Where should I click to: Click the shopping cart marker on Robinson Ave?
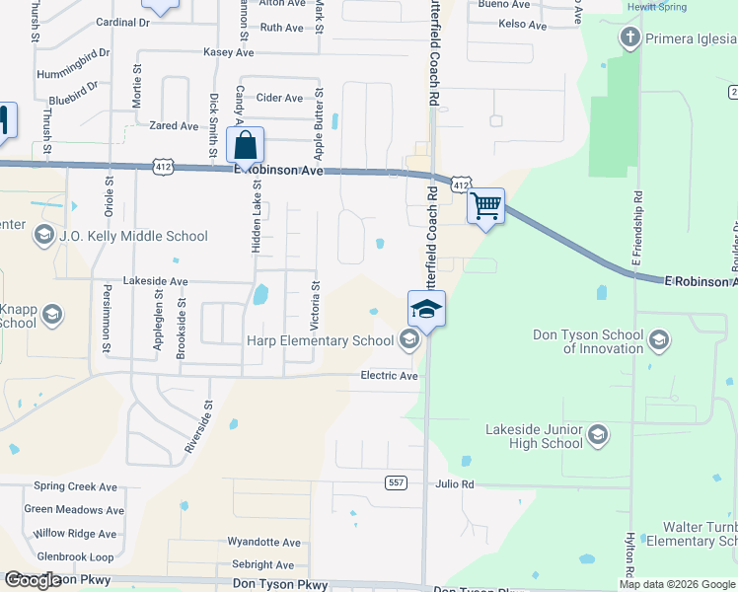point(484,207)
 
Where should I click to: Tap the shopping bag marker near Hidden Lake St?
point(245,146)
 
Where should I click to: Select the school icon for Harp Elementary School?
point(408,341)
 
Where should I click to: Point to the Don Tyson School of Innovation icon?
point(659,341)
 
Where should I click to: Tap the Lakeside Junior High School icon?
point(597,435)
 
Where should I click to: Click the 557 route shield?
point(396,482)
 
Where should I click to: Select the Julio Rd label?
point(455,484)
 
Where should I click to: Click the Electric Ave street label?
point(389,376)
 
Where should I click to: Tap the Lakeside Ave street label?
point(155,281)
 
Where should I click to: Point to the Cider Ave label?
point(279,99)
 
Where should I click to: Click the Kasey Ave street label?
point(228,52)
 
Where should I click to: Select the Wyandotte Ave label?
point(263,543)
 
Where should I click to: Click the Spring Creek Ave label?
point(75,486)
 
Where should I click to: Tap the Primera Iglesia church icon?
point(629,38)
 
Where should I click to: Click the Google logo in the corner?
point(33,580)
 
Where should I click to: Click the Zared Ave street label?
point(174,126)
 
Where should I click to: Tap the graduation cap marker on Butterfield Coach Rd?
point(426,310)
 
